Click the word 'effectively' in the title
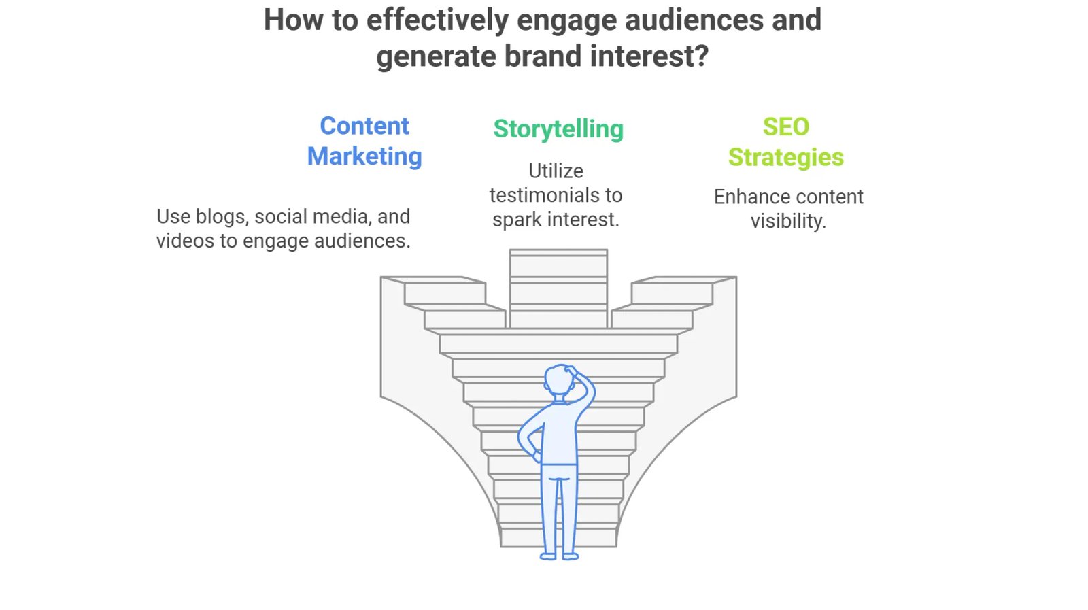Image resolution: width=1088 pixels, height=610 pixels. point(437,21)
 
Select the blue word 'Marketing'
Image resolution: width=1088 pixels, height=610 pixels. point(364,156)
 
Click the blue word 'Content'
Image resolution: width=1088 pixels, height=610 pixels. point(364,126)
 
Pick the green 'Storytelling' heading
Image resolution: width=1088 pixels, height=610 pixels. point(558,130)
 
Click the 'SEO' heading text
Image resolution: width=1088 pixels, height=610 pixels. point(786,127)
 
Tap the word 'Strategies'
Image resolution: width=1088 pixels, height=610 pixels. point(786,158)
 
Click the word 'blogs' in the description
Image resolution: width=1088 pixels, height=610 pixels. point(222,217)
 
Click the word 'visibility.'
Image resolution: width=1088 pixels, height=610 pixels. point(788,222)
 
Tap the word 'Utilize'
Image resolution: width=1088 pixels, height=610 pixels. point(556,171)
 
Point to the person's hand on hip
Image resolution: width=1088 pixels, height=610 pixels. point(537,455)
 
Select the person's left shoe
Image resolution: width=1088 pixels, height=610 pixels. point(548,556)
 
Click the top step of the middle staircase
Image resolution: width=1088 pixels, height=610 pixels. point(558,253)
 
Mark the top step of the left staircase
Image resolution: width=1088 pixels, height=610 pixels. point(433,280)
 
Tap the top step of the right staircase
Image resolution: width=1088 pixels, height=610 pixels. point(684,280)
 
